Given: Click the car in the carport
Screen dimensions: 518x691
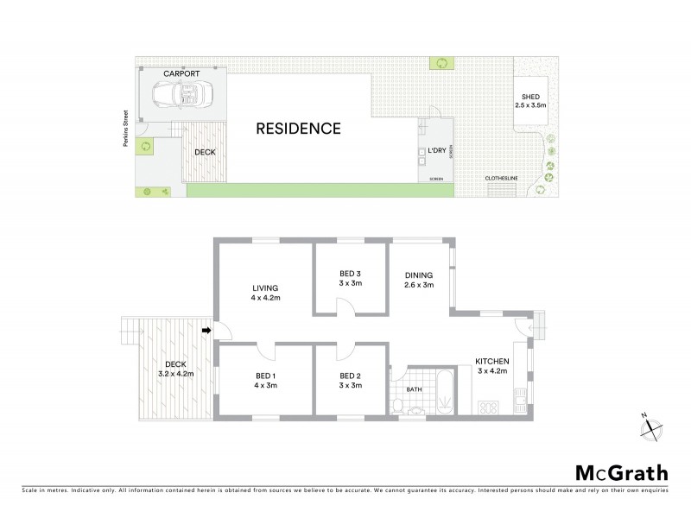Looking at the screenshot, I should click(x=179, y=93).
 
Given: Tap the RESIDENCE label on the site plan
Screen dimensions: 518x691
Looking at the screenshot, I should click(x=298, y=129).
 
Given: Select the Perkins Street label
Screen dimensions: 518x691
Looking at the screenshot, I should click(x=125, y=138).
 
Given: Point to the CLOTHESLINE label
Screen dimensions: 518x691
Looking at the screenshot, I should click(x=501, y=179).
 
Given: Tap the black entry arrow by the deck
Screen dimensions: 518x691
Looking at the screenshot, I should click(x=206, y=330).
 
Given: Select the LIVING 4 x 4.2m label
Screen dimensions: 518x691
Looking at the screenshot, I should click(x=265, y=294).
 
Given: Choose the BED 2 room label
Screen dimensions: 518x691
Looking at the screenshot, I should click(x=350, y=380).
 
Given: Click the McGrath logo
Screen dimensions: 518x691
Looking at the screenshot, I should click(x=622, y=472).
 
